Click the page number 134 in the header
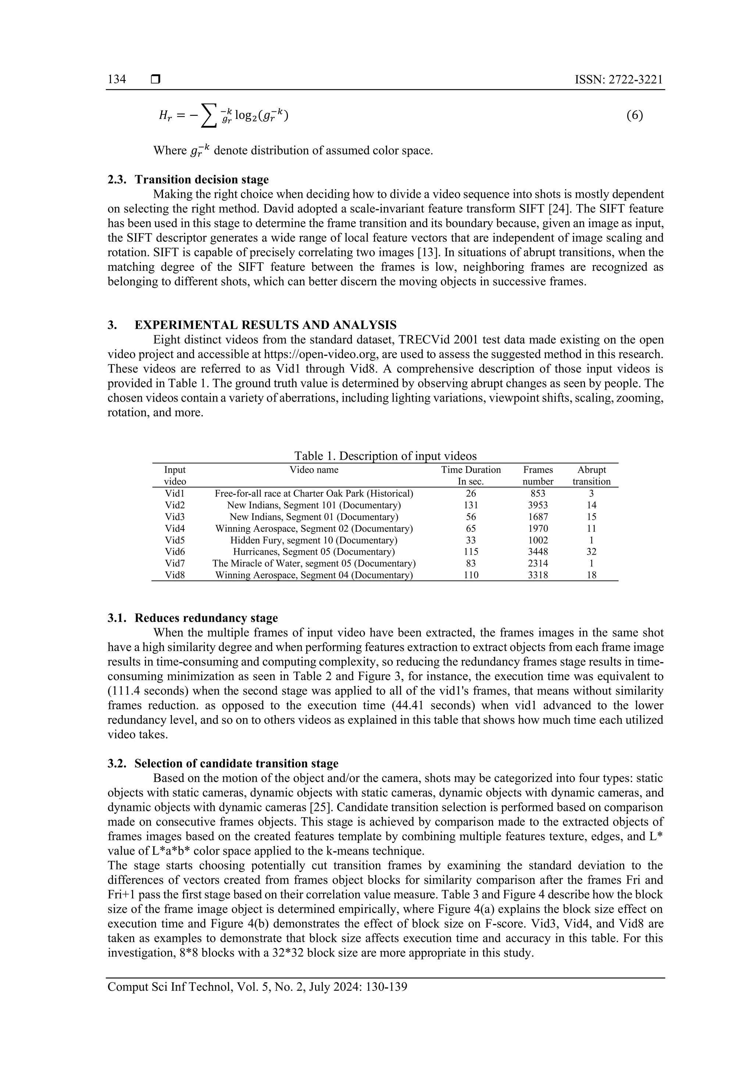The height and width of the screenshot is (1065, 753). click(x=117, y=79)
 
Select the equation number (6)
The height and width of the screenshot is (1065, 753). click(x=634, y=115)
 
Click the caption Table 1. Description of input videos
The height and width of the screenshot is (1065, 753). click(x=385, y=456)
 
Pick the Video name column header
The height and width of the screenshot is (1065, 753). click(x=314, y=470)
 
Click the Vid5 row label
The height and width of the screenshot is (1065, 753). click(x=175, y=540)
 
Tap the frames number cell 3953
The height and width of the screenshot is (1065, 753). click(x=538, y=505)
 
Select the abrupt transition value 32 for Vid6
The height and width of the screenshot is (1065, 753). click(x=591, y=552)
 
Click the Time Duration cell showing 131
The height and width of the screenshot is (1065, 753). click(x=471, y=505)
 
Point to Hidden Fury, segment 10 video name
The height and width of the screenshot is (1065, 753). click(x=314, y=540)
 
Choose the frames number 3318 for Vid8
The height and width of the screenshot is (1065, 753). click(x=538, y=575)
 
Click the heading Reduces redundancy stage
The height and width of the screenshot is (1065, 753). click(x=206, y=618)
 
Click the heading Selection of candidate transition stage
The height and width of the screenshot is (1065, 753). click(x=236, y=763)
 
